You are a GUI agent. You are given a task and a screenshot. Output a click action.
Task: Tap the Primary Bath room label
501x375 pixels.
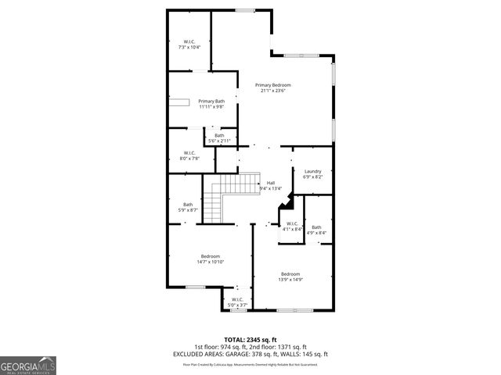pyautogui.click(x=211, y=101)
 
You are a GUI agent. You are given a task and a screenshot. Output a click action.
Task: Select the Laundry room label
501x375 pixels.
pyautogui.click(x=313, y=171)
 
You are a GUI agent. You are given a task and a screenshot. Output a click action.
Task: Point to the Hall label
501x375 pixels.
pyautogui.click(x=271, y=183)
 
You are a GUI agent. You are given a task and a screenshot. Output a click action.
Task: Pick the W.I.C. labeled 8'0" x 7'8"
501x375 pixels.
pyautogui.click(x=189, y=152)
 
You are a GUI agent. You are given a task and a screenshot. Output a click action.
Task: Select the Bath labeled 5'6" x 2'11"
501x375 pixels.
pyautogui.click(x=220, y=136)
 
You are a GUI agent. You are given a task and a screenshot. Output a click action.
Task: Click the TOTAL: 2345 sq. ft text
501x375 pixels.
pyautogui.click(x=250, y=340)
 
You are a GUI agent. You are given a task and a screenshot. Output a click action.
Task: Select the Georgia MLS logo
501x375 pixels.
pyautogui.click(x=28, y=365)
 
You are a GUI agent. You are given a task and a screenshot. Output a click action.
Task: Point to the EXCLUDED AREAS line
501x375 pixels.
pyautogui.click(x=250, y=353)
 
